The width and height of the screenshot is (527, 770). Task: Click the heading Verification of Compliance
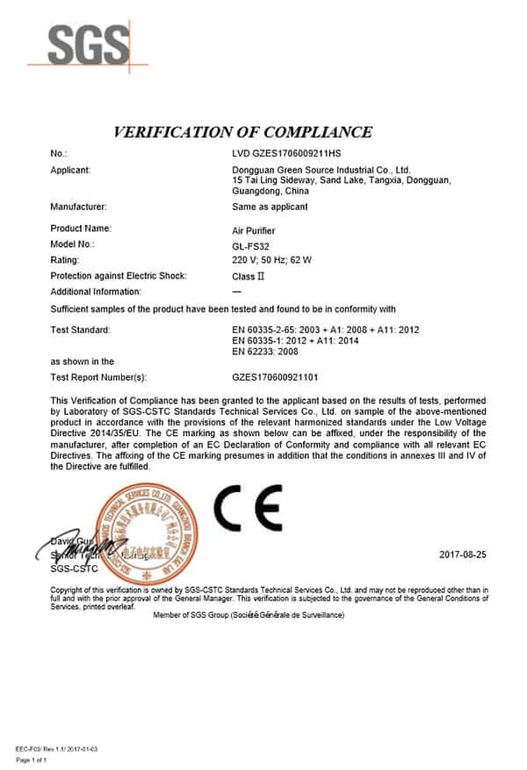tap(243, 133)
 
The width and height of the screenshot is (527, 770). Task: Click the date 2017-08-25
tap(462, 555)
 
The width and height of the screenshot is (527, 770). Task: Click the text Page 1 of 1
tap(32, 759)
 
